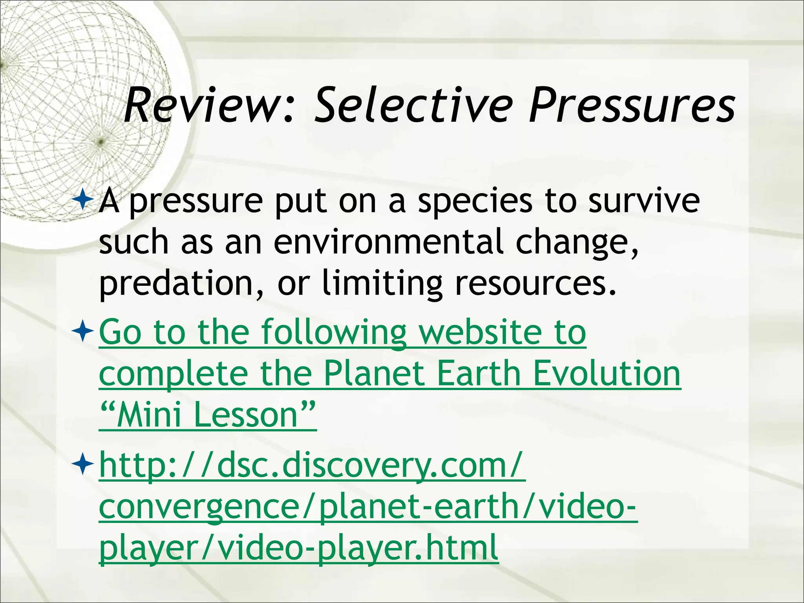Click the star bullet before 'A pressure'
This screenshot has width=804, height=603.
click(82, 200)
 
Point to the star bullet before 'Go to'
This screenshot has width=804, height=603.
click(82, 332)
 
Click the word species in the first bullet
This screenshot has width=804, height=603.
click(475, 201)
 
